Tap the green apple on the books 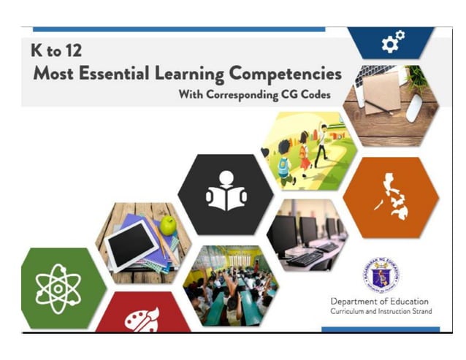(169, 226)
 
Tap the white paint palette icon (143, 321)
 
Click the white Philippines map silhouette (393, 195)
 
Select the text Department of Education (379, 302)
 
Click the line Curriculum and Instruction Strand (381, 312)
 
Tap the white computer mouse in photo (414, 107)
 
